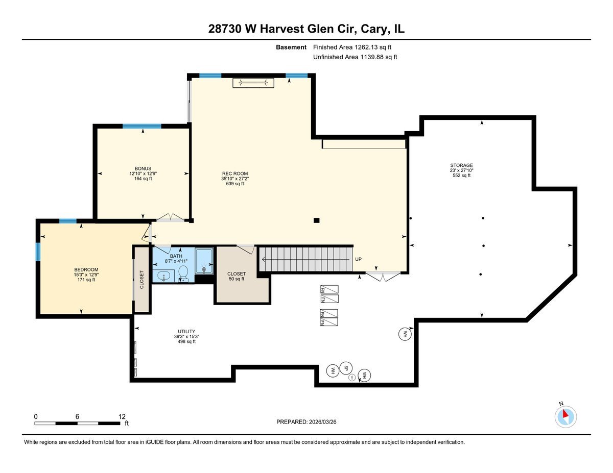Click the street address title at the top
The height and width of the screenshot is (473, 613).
306,29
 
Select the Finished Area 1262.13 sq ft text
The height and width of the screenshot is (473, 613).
355,47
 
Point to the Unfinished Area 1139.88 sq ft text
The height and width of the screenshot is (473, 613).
355,57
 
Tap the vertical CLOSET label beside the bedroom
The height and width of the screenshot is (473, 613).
142,280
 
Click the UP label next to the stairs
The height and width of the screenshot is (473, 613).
358,259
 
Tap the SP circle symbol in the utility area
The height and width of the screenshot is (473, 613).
346,368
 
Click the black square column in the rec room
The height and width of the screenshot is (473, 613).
317,220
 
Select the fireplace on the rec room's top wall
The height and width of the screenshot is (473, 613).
254,83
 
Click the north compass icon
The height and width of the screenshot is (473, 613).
565,416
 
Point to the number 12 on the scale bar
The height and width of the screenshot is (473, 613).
122,416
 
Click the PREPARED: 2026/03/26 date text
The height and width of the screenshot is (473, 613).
306,422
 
